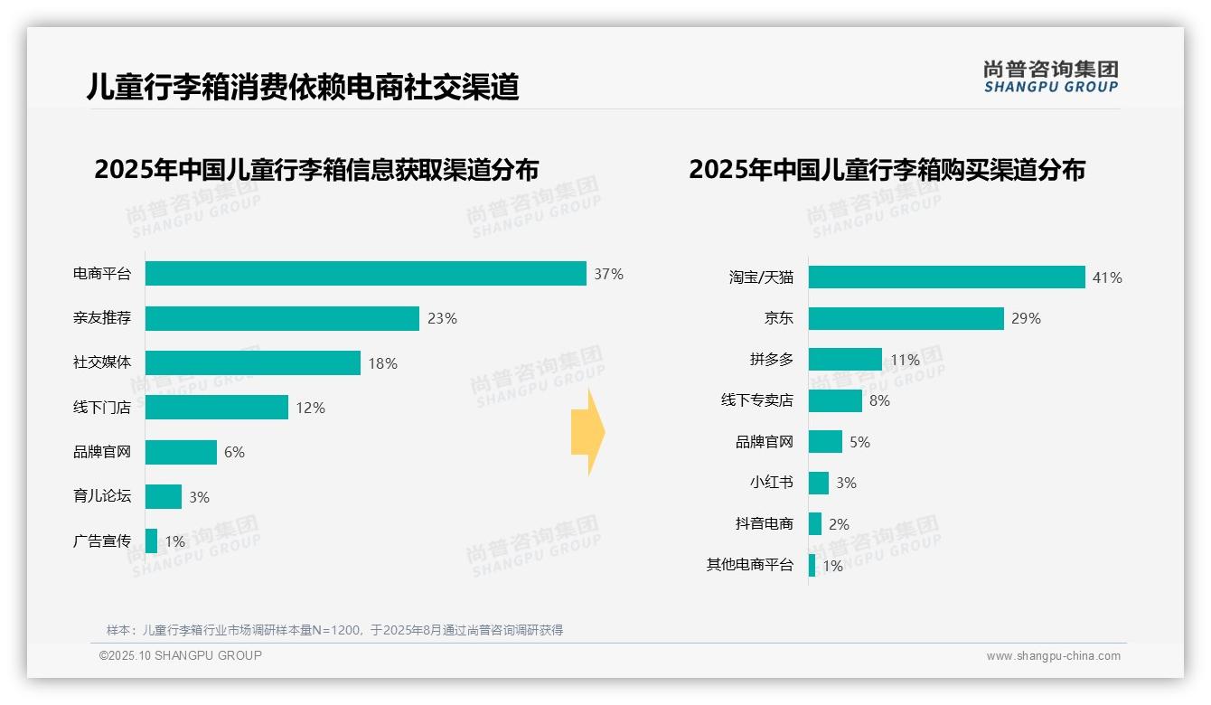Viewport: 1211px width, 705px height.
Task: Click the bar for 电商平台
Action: pyautogui.click(x=365, y=274)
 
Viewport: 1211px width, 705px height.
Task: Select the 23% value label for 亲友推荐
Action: pyautogui.click(x=443, y=318)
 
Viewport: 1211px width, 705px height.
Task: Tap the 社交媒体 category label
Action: pyautogui.click(x=101, y=362)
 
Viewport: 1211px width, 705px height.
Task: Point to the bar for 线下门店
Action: pyautogui.click(x=216, y=408)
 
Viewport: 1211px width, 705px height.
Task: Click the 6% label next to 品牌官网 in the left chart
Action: pyautogui.click(x=234, y=452)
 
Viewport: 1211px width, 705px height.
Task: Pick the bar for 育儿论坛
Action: pyautogui.click(x=163, y=496)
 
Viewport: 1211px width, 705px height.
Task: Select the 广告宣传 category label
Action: pyautogui.click(x=101, y=541)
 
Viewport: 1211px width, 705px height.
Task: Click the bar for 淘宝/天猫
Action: pyautogui.click(x=946, y=277)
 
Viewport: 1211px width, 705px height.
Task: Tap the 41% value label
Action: pyautogui.click(x=1107, y=277)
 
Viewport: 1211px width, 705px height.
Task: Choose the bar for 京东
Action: pyautogui.click(x=906, y=318)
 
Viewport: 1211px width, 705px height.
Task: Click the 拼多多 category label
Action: pyautogui.click(x=771, y=360)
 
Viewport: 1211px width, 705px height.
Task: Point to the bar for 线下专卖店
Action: pyautogui.click(x=835, y=400)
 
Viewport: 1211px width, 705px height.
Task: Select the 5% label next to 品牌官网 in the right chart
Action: pyautogui.click(x=859, y=442)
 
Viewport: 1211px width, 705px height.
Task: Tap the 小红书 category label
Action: pyautogui.click(x=771, y=483)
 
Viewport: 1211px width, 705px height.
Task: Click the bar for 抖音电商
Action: pyautogui.click(x=815, y=524)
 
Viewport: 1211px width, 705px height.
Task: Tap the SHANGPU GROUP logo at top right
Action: pyautogui.click(x=1050, y=77)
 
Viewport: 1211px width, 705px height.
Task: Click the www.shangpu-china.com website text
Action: pyautogui.click(x=1053, y=656)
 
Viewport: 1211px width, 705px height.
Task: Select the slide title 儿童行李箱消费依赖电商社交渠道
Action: pyautogui.click(x=302, y=87)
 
